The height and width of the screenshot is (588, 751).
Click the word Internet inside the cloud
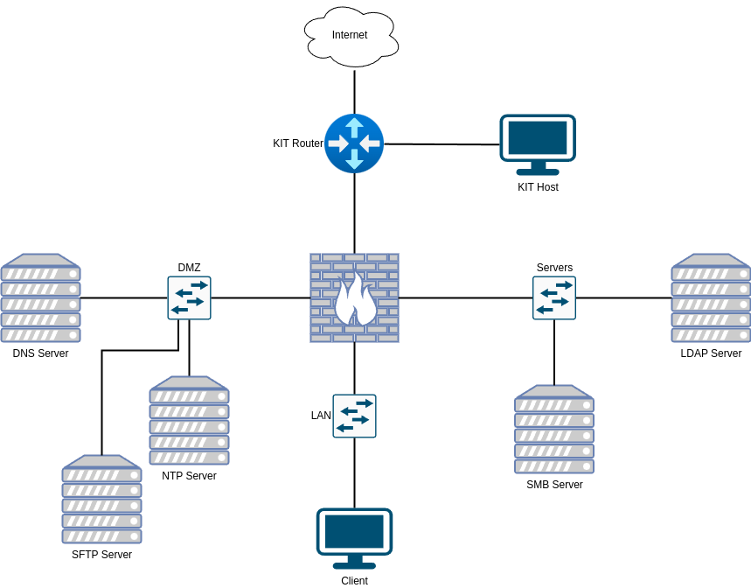point(350,35)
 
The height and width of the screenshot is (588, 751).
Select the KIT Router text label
point(298,143)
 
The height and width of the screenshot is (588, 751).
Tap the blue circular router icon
point(354,143)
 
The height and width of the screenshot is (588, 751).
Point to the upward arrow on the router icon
point(354,127)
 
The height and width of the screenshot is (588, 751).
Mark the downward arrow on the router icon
point(354,160)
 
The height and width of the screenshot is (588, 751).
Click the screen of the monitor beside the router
point(538,137)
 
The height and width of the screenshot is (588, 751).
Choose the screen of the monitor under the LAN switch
point(354,531)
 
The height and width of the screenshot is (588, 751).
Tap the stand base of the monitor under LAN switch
point(354,565)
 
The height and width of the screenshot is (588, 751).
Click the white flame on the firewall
point(355,299)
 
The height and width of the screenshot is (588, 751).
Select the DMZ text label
point(190,268)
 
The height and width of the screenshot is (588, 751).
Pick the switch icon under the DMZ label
point(190,298)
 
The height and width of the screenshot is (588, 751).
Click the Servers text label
point(554,268)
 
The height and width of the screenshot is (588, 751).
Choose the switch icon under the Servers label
point(554,298)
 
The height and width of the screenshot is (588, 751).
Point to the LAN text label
point(321,416)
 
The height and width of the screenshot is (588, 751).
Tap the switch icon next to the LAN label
point(354,416)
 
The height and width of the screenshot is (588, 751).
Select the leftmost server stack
point(41,298)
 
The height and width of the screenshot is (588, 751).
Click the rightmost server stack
point(711,298)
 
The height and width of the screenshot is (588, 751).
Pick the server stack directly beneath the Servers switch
point(554,430)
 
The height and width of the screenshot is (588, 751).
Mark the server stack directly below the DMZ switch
point(190,421)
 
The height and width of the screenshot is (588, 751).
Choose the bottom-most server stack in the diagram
point(102,500)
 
